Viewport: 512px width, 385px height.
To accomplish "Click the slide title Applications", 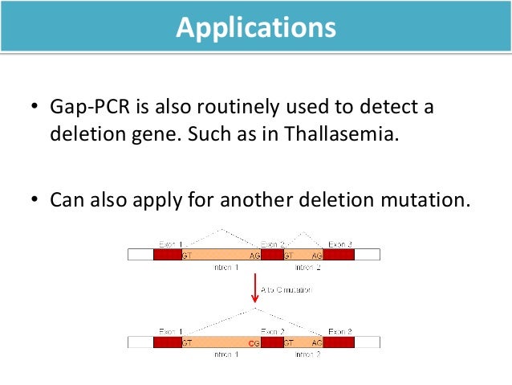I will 256,28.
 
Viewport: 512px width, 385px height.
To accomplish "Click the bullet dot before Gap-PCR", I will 35,109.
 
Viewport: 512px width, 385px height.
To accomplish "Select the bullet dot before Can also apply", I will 35,199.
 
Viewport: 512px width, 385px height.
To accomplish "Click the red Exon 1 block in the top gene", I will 168,255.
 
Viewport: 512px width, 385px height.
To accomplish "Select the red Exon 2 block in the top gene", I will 273,255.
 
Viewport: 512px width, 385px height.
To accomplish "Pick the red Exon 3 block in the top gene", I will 339,255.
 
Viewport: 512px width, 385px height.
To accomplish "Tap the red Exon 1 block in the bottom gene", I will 168,342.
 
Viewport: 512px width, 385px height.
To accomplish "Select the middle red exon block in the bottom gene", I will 273,342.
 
